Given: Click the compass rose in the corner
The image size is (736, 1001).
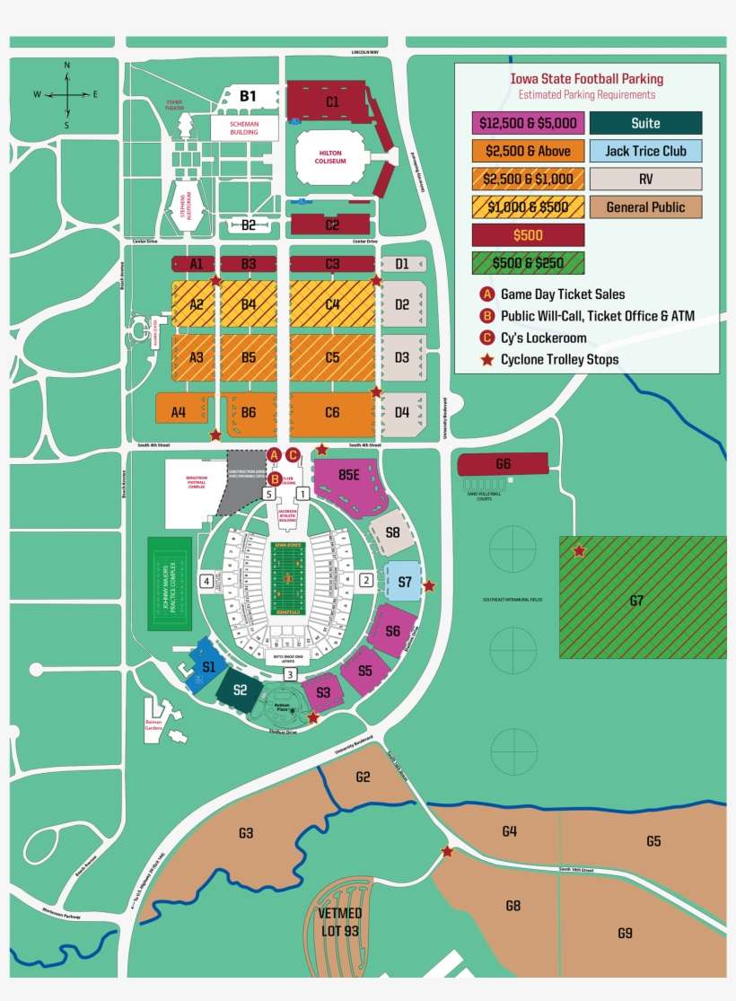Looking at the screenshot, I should [x=66, y=94].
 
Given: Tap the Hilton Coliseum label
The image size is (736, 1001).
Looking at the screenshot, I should [x=330, y=158].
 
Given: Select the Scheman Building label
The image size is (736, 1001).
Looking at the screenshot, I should [x=244, y=127].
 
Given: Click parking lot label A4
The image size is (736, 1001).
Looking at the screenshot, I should [x=178, y=413].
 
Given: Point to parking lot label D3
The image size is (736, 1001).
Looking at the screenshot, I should [x=402, y=357].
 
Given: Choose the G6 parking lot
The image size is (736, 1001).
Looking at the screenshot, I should [x=503, y=464].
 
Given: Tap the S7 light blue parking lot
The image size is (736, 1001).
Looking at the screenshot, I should [x=404, y=583].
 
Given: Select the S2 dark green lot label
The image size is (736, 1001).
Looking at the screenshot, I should [x=240, y=689].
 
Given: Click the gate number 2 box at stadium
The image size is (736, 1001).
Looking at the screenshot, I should [x=366, y=581].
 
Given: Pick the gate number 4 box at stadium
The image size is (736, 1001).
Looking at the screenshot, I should [x=207, y=582].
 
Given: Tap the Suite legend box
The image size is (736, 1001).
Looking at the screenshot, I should [x=644, y=124].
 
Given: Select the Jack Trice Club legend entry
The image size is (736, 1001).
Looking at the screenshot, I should [x=645, y=151].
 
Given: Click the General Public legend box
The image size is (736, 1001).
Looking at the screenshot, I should [x=645, y=207].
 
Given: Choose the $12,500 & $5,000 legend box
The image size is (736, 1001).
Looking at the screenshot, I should [x=528, y=123].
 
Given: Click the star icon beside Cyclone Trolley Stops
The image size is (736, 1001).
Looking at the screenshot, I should [x=487, y=360].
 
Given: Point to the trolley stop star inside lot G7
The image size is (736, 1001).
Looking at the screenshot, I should [x=580, y=550].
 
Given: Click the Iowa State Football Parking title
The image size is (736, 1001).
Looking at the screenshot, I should [x=587, y=79].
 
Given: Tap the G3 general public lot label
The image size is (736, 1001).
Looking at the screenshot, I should [x=245, y=833].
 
